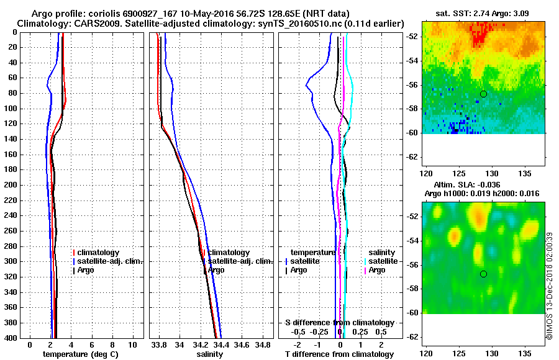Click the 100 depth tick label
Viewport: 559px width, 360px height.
(x=11, y=109)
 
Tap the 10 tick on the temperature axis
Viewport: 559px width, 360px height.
(x=132, y=344)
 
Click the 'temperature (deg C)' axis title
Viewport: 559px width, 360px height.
(x=80, y=354)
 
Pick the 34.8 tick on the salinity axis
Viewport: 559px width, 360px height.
(x=263, y=344)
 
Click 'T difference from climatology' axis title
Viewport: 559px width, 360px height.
(x=339, y=354)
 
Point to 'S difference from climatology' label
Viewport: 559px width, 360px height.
(x=339, y=323)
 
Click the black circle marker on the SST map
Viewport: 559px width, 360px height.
(x=483, y=94)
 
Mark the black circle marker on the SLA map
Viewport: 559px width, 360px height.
(x=483, y=274)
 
